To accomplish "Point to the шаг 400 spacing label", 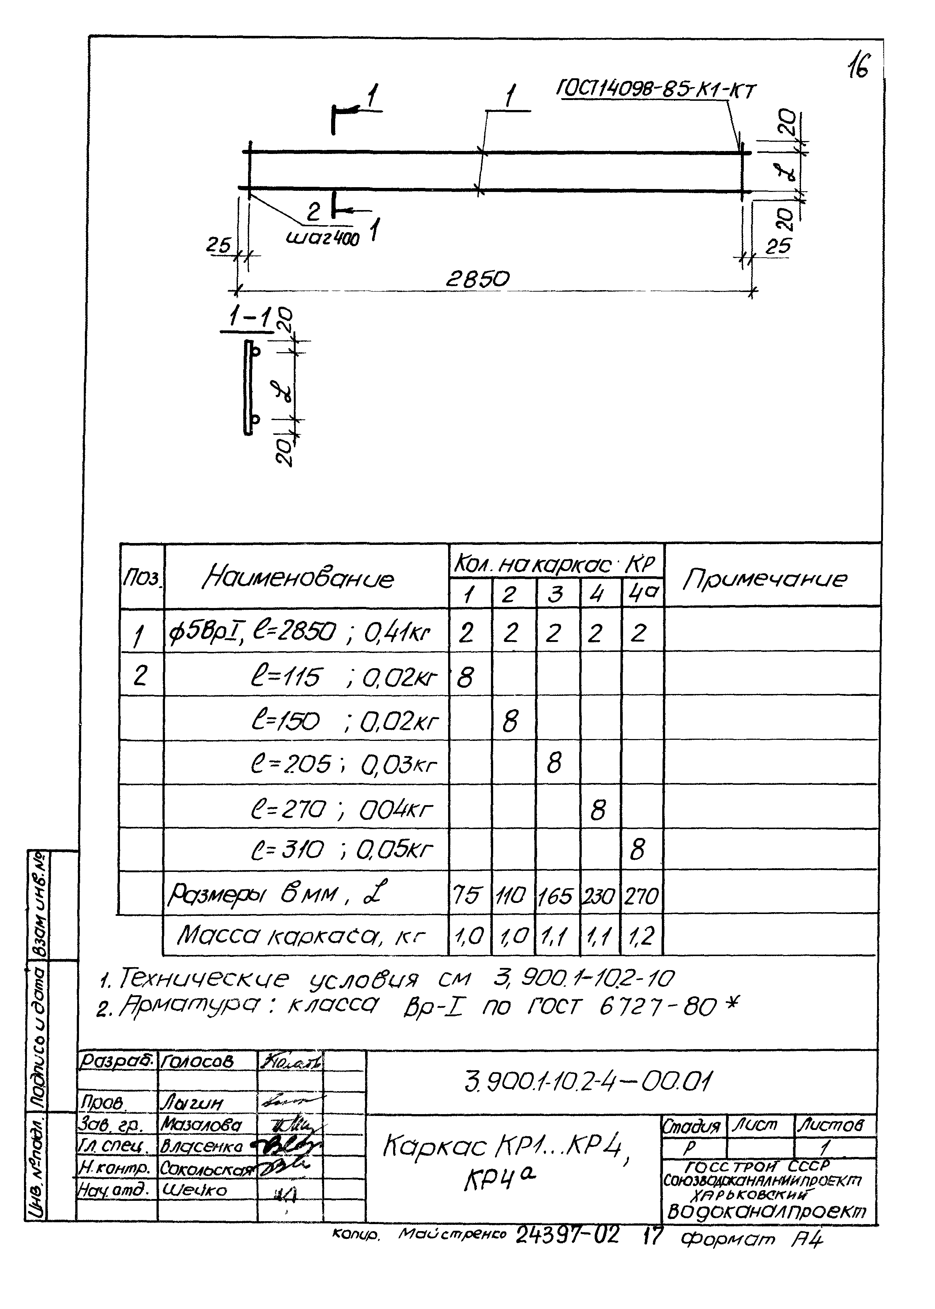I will [322, 237].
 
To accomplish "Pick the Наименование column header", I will [298, 578].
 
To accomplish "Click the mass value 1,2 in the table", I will [642, 937].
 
